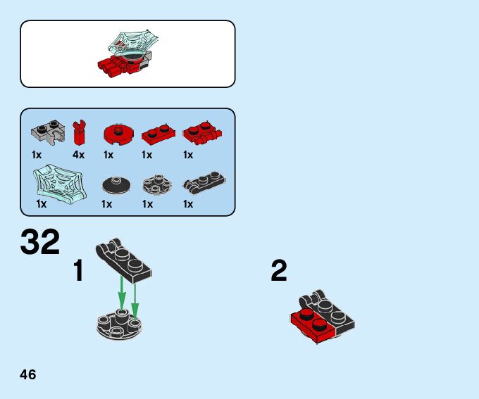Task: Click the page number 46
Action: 28,374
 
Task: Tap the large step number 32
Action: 40,243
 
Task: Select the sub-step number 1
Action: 79,271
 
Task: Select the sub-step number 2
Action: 279,271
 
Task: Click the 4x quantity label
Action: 78,155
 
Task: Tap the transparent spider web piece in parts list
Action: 58,182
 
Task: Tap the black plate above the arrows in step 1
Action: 126,258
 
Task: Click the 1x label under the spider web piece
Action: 41,205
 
